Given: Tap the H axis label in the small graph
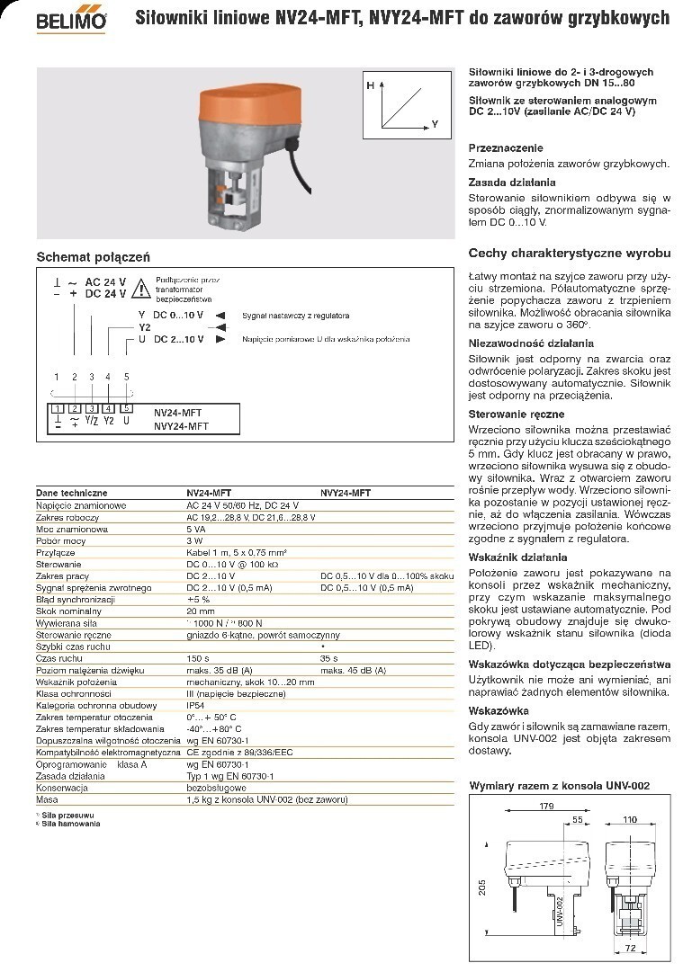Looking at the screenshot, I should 370,84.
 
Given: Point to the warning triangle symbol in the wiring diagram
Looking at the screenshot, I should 141,289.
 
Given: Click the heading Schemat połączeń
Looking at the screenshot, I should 93,257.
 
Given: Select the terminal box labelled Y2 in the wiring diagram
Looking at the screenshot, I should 108,410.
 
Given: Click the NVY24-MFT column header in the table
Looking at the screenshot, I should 346,493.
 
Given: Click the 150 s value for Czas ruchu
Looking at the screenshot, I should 198,658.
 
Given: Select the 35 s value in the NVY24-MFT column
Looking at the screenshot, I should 330,658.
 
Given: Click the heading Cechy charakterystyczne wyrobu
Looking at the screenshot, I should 569,253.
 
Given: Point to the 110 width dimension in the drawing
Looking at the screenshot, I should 630,820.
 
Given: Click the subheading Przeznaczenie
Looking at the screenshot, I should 506,147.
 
